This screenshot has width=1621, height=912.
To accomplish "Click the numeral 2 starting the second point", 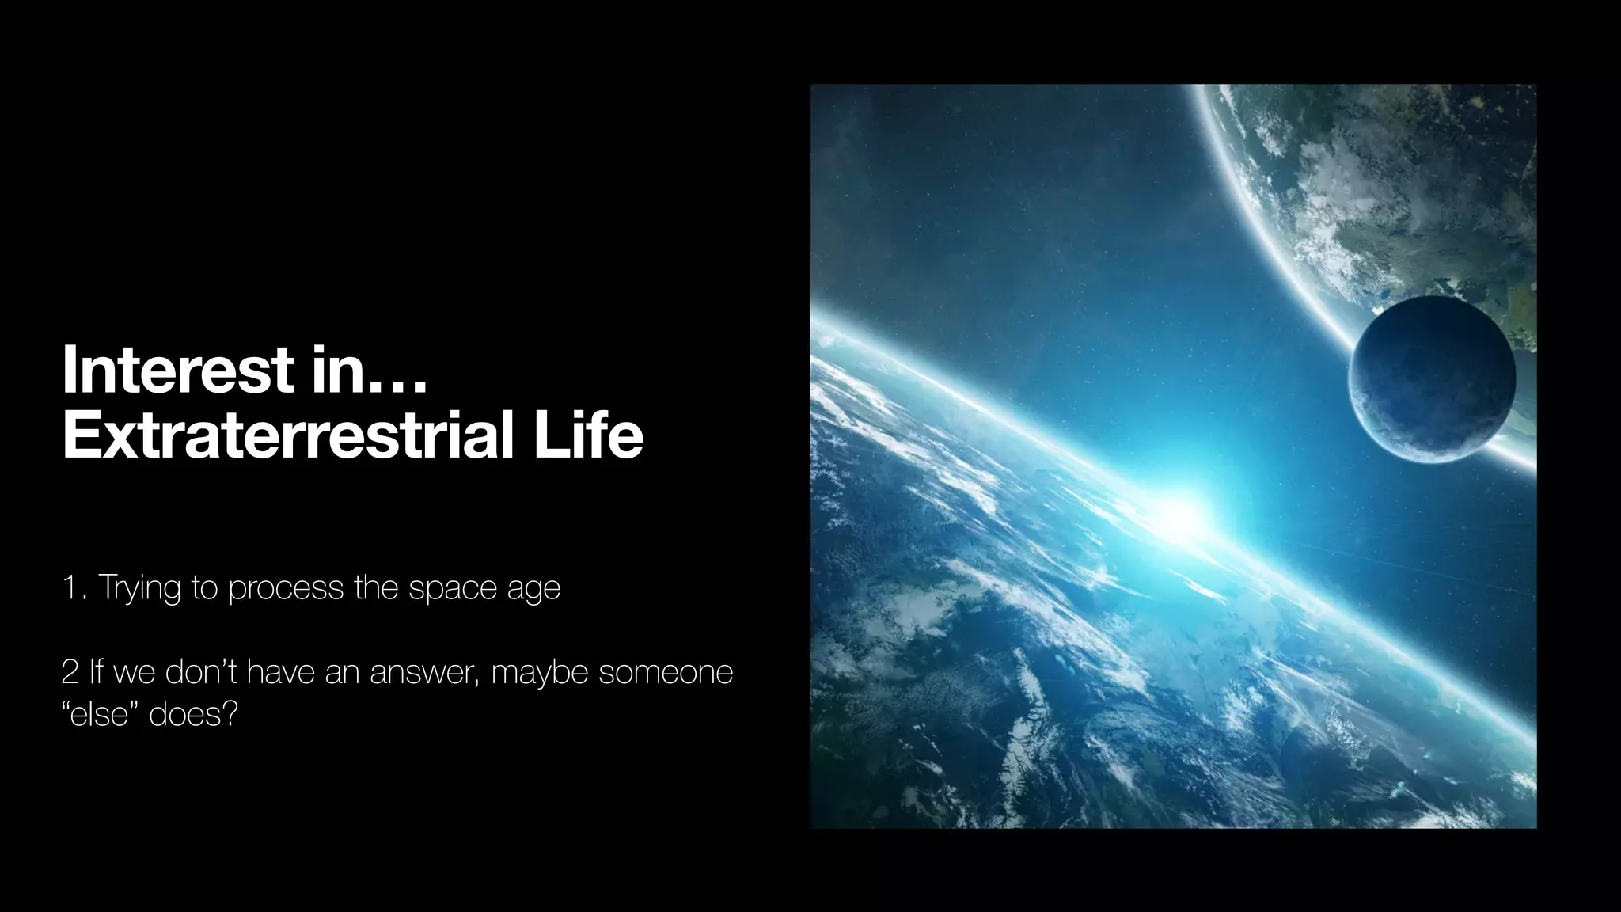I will click(70, 672).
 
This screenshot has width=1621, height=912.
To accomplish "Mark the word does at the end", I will click(193, 716).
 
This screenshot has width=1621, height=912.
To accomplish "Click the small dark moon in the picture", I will click(1431, 379).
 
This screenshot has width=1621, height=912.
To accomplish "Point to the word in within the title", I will click(336, 369).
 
